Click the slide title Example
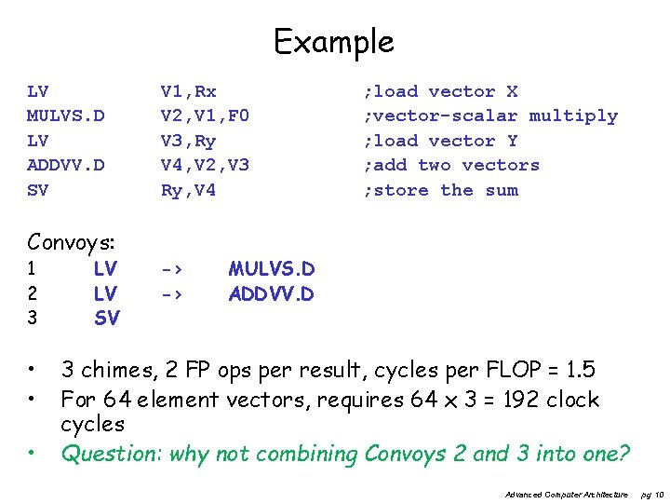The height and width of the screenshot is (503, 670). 333,41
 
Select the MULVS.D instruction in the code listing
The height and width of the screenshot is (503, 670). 65,116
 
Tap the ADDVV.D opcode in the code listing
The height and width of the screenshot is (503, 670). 65,166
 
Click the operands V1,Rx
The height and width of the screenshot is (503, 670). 188,91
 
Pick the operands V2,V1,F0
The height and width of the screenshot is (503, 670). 205,116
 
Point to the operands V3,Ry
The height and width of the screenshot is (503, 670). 188,141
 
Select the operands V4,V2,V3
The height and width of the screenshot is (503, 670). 205,166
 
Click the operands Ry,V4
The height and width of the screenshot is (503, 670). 188,190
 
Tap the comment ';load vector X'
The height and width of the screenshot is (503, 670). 440,91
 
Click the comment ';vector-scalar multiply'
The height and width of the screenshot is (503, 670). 490,116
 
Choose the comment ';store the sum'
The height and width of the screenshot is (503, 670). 440,190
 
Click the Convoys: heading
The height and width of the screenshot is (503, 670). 71,243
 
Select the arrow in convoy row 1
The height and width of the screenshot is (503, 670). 170,269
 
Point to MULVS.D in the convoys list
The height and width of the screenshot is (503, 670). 272,269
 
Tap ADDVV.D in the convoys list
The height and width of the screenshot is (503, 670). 272,294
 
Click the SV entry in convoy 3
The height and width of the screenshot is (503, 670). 106,319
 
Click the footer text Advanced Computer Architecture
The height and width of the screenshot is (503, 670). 566,494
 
